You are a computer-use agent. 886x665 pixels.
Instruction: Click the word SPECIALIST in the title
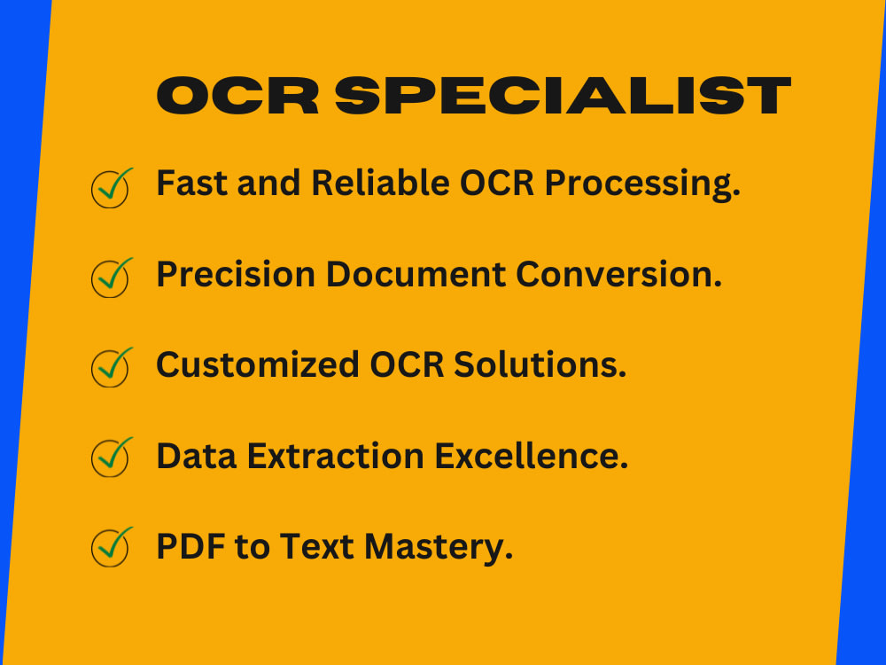click(x=563, y=96)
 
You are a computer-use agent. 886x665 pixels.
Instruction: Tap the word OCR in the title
click(x=237, y=96)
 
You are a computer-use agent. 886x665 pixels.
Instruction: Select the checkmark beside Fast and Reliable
click(x=111, y=188)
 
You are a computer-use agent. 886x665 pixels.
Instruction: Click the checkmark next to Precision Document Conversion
click(x=111, y=278)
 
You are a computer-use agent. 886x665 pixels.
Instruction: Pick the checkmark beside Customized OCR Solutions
click(x=111, y=367)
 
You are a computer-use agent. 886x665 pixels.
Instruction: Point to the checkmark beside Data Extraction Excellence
click(x=111, y=457)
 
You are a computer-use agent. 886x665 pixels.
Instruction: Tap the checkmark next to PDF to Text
click(x=111, y=546)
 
